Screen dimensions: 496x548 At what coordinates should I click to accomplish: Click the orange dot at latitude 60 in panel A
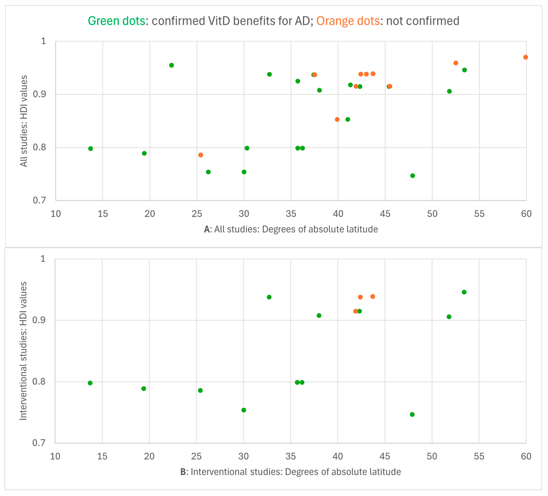point(525,57)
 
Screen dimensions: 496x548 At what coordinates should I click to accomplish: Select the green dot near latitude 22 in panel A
point(171,65)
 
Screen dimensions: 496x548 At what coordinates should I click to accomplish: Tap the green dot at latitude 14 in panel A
point(91,149)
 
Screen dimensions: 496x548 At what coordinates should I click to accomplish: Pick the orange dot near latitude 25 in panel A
point(201,155)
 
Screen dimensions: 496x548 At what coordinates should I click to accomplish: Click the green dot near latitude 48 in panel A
point(413,176)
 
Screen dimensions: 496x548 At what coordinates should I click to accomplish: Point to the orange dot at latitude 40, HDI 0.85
point(337,119)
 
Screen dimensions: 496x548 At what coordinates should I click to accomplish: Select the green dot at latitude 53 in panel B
point(464,292)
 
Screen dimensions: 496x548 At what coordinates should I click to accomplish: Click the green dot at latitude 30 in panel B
point(244,410)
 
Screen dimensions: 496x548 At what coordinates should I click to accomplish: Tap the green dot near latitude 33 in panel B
point(269,297)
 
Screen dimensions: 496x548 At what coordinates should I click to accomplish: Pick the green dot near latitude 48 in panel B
point(412,414)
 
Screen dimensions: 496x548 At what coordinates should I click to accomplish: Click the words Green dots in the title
point(116,21)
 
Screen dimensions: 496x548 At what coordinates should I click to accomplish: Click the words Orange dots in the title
point(348,21)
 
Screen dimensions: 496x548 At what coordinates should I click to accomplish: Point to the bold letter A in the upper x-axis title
point(207,229)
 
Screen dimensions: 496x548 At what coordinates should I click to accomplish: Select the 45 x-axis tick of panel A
point(385,214)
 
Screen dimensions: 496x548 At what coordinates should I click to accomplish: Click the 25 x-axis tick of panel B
point(196,456)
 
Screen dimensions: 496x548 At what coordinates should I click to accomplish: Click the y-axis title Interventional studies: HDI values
point(23,351)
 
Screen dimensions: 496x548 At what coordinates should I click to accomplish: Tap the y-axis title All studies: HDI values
point(24,121)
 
